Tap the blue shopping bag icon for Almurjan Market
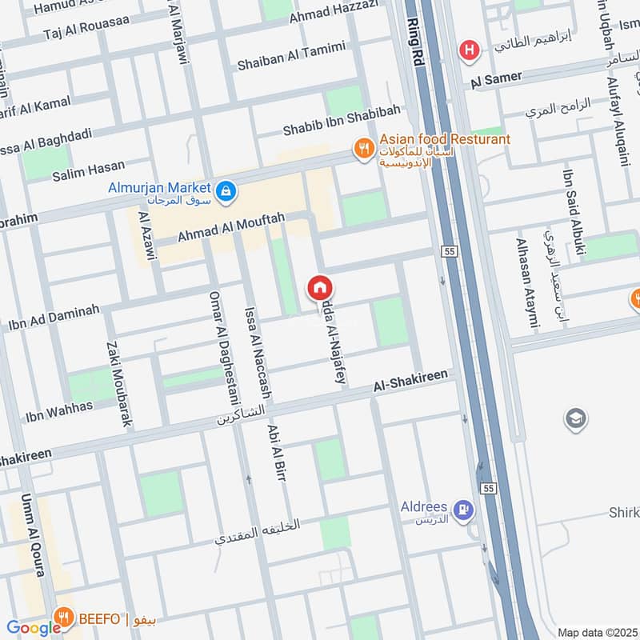[226, 190]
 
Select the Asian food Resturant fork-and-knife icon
[365, 148]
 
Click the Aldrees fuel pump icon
[462, 509]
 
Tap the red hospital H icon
[468, 51]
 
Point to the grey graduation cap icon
[575, 418]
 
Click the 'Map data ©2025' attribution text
[597, 632]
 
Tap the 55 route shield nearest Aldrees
[487, 487]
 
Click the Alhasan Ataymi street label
[526, 283]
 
